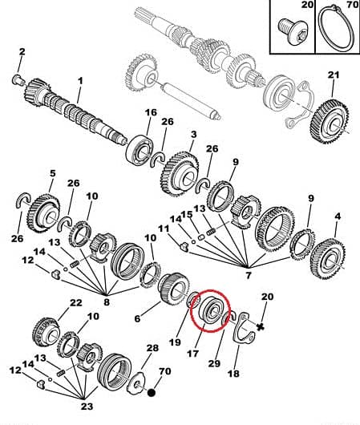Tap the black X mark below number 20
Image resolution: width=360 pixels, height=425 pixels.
pyautogui.click(x=261, y=327)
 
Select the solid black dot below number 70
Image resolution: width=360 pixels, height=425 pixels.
pyautogui.click(x=152, y=392)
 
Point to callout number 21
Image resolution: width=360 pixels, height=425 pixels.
pyautogui.click(x=334, y=75)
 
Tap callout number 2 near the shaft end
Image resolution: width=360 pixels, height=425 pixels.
pyautogui.click(x=22, y=51)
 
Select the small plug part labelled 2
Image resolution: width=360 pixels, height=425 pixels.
pyautogui.click(x=18, y=79)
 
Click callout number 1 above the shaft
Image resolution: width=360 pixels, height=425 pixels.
pyautogui.click(x=80, y=81)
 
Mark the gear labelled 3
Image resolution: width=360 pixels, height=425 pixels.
pyautogui.click(x=180, y=173)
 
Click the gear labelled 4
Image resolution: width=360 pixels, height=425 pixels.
pyautogui.click(x=327, y=258)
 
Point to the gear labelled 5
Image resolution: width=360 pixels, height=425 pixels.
pyautogui.click(x=43, y=213)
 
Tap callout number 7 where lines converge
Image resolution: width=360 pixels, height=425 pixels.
pyautogui.click(x=249, y=275)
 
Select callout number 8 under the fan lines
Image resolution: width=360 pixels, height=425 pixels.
pyautogui.click(x=107, y=302)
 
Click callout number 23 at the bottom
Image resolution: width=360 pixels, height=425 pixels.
pyautogui.click(x=87, y=407)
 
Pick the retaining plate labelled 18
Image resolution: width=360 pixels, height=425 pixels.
pyautogui.click(x=245, y=329)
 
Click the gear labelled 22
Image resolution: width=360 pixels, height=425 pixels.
pyautogui.click(x=46, y=332)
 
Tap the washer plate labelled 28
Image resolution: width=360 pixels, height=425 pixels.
pyautogui.click(x=137, y=382)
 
